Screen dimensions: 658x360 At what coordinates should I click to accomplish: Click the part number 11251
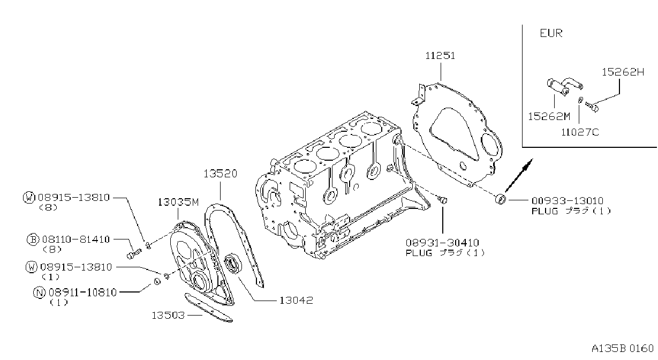[x=440, y=56]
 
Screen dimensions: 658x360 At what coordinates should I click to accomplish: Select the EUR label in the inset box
[x=551, y=33]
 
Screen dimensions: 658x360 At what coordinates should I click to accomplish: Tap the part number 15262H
[x=623, y=72]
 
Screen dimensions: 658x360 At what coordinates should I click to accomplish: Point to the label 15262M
[x=549, y=117]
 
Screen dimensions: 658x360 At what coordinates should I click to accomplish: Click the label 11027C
[x=580, y=132]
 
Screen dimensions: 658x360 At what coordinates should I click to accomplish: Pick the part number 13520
[x=220, y=174]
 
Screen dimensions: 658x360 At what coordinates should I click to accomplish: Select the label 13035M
[x=178, y=202]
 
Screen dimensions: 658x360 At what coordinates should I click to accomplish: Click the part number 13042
[x=296, y=301]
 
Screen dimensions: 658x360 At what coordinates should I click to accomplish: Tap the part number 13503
[x=168, y=316]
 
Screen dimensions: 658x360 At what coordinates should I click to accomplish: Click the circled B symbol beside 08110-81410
[x=33, y=239]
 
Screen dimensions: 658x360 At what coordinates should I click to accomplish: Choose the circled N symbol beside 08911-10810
[x=40, y=292]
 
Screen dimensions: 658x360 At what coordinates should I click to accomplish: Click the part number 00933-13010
[x=567, y=201]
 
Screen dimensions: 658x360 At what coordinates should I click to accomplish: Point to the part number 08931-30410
[x=442, y=243]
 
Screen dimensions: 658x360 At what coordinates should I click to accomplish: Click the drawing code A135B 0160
[x=623, y=349]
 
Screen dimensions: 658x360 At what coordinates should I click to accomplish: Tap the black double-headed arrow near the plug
[x=519, y=175]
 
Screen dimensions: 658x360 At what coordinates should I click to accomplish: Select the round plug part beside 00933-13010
[x=501, y=199]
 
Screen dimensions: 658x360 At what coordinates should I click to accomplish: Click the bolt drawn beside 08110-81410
[x=134, y=254]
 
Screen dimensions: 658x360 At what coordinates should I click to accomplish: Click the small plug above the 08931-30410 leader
[x=443, y=200]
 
